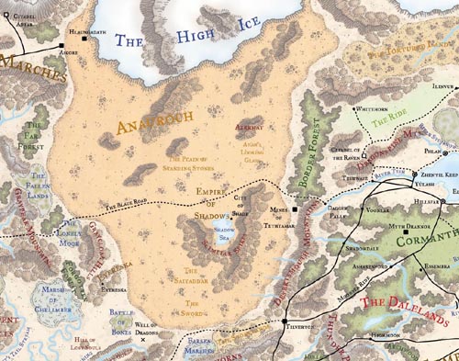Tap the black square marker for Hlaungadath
[84, 39]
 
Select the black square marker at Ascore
[62, 45]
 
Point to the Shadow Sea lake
[222, 233]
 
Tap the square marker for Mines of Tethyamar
[296, 209]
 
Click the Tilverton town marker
[285, 322]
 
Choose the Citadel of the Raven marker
[361, 157]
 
